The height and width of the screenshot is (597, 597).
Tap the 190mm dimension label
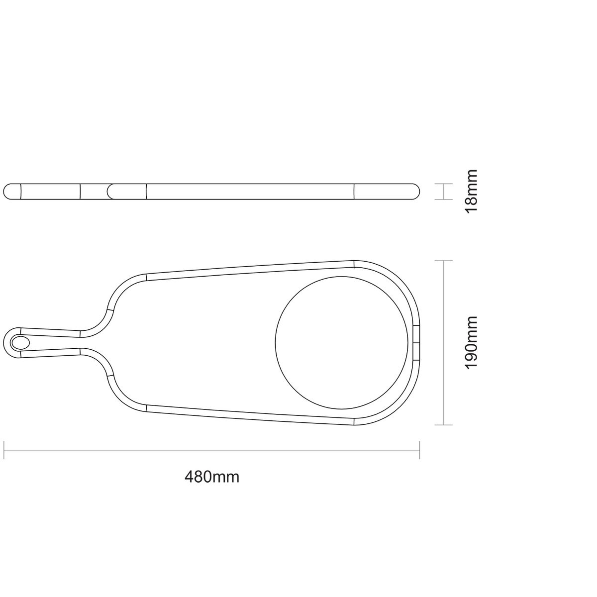[472, 343]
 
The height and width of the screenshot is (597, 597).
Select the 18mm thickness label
[472, 191]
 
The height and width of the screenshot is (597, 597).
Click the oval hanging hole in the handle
[20, 343]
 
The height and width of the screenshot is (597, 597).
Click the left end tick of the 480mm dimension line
[3, 450]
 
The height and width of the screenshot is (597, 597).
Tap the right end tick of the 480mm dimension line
[419, 450]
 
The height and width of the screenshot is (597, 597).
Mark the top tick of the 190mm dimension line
[444, 261]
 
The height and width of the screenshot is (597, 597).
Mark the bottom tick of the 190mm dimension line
[444, 425]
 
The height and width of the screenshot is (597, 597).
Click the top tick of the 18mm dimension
[444, 184]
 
